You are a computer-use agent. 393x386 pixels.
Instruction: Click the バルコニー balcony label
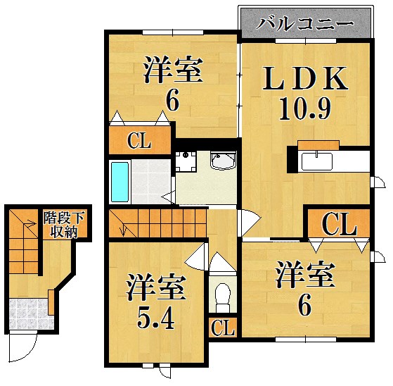(x=304, y=23)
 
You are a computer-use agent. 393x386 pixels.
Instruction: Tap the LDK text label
(x=304, y=79)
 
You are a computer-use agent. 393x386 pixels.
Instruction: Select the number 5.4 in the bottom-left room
(x=156, y=318)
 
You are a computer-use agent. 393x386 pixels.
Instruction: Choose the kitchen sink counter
(x=321, y=161)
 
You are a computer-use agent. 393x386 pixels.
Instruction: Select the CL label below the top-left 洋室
(x=139, y=141)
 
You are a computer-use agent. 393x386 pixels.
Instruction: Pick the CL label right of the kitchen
(x=339, y=225)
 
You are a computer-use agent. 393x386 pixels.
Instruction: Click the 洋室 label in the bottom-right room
(x=304, y=275)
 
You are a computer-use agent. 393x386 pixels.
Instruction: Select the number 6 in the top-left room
(x=172, y=100)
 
